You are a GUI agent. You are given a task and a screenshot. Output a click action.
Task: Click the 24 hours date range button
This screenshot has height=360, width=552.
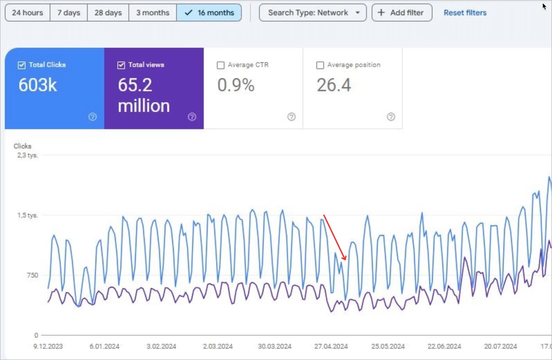27,12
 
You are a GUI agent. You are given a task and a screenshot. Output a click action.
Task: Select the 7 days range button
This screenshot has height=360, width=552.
69,12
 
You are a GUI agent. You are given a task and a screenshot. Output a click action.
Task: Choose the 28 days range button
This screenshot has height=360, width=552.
108,12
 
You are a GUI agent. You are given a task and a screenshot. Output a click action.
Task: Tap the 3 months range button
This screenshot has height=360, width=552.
152,12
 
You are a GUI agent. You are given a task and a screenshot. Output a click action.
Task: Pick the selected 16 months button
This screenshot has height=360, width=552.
209,12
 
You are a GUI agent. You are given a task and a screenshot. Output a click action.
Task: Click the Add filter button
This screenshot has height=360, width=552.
401,12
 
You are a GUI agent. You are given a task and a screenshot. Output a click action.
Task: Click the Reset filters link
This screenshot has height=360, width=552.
465,12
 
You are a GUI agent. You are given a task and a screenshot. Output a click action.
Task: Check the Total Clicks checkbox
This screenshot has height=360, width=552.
21,65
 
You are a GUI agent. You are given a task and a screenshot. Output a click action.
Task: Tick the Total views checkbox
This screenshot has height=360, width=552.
121,65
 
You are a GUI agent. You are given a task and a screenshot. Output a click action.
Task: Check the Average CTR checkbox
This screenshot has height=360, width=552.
220,65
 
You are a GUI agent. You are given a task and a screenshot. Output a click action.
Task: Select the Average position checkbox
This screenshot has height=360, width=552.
320,65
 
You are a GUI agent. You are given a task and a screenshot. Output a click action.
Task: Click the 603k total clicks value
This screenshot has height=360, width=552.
38,85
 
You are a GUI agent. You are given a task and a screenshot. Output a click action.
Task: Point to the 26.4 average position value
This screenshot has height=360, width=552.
334,85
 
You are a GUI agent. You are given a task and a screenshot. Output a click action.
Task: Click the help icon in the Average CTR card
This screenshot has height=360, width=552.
291,117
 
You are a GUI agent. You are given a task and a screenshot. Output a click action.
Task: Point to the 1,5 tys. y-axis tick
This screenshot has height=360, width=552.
28,215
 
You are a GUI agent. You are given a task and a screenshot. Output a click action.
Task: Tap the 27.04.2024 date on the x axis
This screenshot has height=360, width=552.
331,346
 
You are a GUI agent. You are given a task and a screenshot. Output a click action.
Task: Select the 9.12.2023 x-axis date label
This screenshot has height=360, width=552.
49,346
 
